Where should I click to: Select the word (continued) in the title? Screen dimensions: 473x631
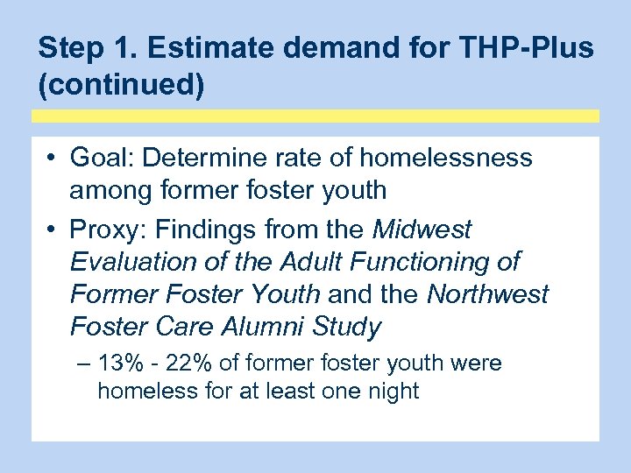[121, 87]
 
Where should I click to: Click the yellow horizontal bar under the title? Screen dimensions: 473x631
[315, 116]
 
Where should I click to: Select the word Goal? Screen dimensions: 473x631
[102, 158]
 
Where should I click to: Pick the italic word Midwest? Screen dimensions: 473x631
[422, 230]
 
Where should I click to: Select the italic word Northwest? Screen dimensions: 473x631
[487, 294]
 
